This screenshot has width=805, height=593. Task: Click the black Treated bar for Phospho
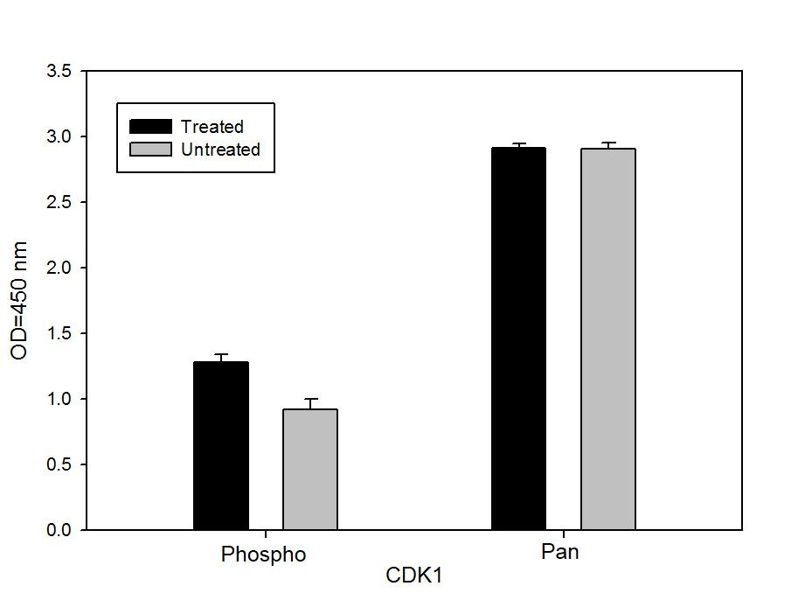click(221, 445)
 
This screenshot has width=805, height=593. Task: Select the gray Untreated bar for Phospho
click(309, 469)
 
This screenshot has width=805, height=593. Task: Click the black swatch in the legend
click(150, 127)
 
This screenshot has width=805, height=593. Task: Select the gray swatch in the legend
click(150, 150)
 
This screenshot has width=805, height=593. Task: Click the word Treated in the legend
click(212, 127)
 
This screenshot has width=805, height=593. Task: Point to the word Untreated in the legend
click(220, 150)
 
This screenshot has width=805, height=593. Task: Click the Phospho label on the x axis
click(264, 555)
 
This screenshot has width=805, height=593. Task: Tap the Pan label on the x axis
click(560, 554)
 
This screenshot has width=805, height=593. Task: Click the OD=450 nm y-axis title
click(19, 300)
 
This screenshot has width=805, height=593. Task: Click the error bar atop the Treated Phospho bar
click(221, 357)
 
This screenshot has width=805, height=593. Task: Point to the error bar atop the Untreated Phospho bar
click(309, 402)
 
